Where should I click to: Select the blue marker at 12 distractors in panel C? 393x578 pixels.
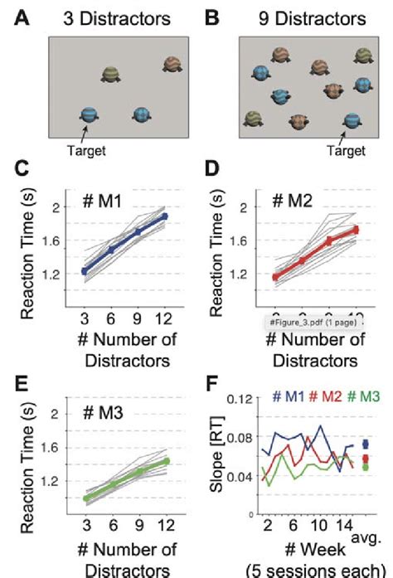pyautogui.click(x=164, y=216)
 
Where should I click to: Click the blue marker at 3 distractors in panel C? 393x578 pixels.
pyautogui.click(x=84, y=271)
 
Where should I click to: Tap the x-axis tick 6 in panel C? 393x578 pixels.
pyautogui.click(x=111, y=318)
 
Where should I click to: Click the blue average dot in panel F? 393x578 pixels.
pyautogui.click(x=366, y=444)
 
